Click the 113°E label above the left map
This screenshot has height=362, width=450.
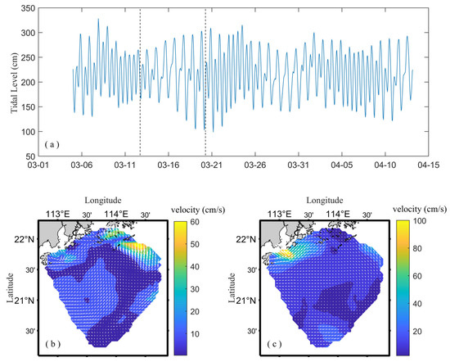tap(59, 215)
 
